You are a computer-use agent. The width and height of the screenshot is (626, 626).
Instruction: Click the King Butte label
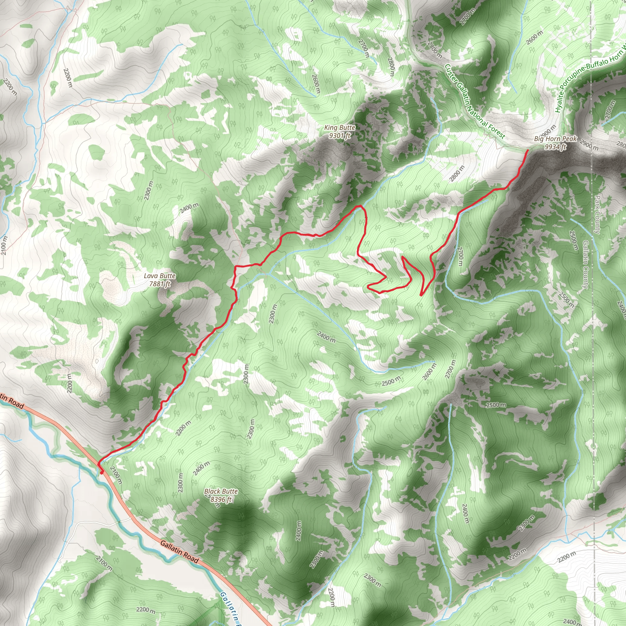(x=340, y=128)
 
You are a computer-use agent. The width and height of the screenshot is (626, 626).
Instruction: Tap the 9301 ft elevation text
(x=340, y=135)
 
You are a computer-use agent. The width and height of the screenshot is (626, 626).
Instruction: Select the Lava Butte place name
(x=160, y=276)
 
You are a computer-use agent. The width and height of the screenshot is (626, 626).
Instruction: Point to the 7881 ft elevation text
(x=160, y=284)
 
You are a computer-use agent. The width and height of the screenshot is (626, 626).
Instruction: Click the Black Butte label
(x=221, y=491)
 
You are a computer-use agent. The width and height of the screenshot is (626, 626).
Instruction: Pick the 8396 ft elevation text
(x=221, y=499)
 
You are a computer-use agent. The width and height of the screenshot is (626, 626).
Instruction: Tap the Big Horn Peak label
(x=555, y=139)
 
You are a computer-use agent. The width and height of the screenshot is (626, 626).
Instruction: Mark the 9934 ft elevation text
(x=555, y=147)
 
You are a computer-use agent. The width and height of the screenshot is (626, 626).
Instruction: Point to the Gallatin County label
(x=585, y=264)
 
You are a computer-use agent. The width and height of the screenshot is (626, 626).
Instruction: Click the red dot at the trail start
(x=102, y=473)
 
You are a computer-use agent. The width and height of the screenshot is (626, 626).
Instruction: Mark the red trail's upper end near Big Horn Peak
(x=528, y=151)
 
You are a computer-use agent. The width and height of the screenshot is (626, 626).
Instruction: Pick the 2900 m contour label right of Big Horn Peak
(x=589, y=145)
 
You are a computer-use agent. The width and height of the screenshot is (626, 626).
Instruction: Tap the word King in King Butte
(x=331, y=128)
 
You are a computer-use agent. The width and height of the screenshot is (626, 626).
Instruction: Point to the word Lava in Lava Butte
(x=151, y=276)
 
